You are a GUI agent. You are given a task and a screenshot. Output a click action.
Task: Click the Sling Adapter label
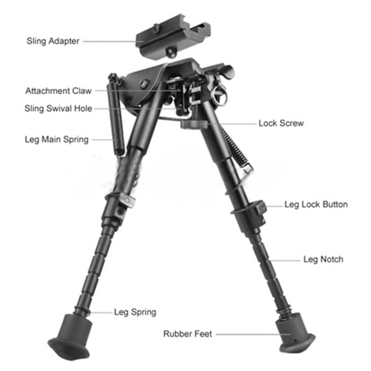coord(53,41)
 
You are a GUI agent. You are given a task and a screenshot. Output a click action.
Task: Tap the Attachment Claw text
coord(58,91)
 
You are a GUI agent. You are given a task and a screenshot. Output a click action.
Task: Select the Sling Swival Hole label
coord(58,109)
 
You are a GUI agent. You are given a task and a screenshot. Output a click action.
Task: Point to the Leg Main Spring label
coord(56,139)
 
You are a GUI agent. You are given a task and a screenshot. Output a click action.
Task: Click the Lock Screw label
coord(281,123)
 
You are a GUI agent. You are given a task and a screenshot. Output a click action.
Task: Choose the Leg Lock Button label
coord(315,204)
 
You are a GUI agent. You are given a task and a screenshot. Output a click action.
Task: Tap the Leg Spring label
coord(135,312)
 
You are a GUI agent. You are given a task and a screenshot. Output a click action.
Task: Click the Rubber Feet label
coord(187,334)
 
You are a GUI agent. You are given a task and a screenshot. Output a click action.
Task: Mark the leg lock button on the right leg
coord(260,208)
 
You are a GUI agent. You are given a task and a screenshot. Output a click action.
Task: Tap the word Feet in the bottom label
coord(203,334)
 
